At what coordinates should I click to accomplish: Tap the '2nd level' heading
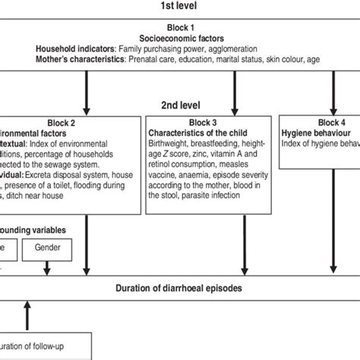click(180, 106)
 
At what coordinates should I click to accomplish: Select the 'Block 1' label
click(180, 27)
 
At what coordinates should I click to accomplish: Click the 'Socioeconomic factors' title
click(180, 37)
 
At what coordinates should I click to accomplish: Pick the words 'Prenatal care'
click(155, 58)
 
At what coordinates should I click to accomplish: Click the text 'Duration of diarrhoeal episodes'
click(180, 288)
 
